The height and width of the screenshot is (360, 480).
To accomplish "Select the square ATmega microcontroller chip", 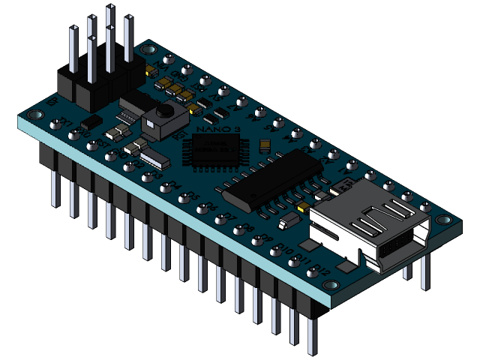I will point(213,154).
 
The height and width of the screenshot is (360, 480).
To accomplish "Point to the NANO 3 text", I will point(211,129).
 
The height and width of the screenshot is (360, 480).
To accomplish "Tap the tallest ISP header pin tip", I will point(110,8).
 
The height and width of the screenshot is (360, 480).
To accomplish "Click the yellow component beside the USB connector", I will point(303,205).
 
